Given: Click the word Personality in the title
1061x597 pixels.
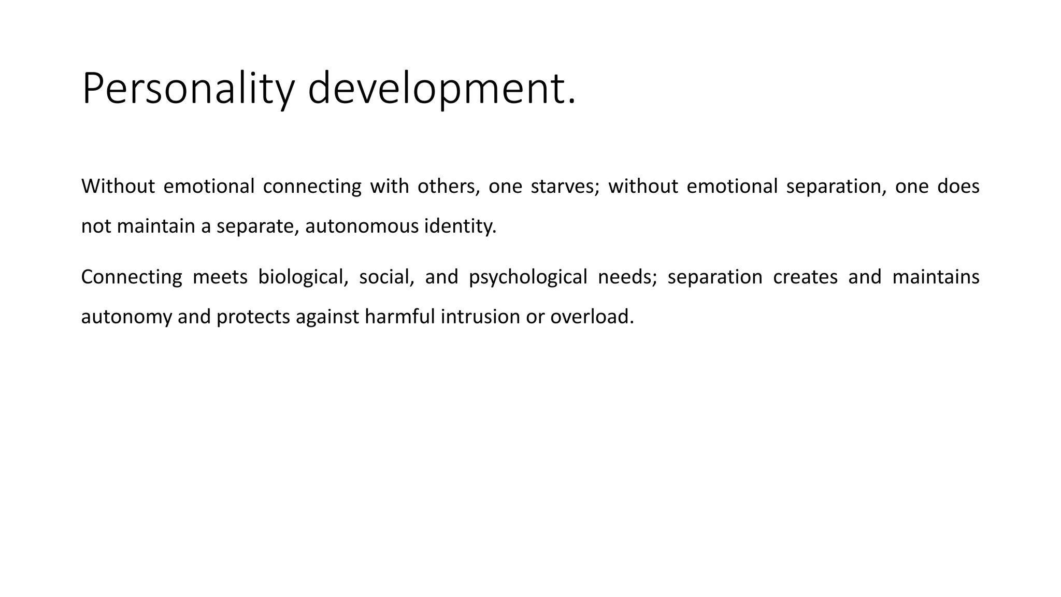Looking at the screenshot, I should (188, 89).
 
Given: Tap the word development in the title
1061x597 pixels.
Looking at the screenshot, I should (441, 89).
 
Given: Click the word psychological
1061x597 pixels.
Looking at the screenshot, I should (528, 277).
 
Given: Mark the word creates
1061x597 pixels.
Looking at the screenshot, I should (805, 277).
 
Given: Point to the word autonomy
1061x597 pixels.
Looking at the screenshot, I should (126, 317).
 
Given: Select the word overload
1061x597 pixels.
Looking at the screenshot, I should (592, 317).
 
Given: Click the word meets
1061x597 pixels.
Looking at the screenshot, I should (220, 277).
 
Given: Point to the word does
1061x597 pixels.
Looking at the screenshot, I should (958, 187).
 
